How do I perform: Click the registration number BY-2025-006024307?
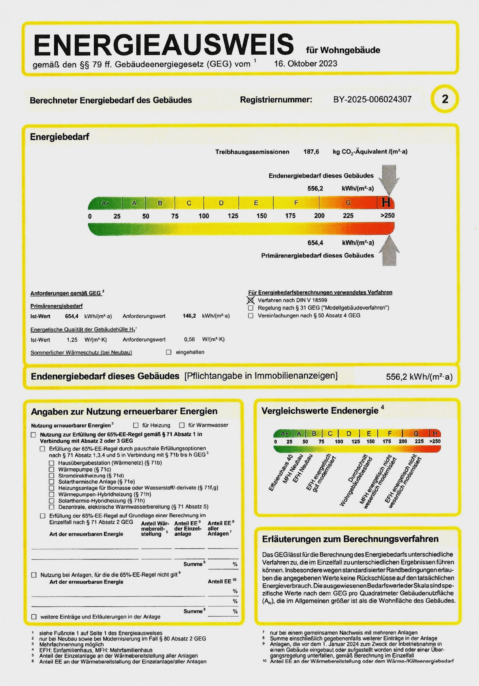372,99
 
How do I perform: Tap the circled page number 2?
445,99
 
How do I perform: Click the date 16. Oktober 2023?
306,64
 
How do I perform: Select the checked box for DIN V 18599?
251,300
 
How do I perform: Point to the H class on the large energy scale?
386,203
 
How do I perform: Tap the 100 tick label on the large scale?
204,216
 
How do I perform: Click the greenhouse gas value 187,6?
311,152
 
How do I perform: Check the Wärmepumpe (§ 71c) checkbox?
52,469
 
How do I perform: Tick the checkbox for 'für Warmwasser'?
182,425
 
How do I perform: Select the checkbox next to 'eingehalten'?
169,352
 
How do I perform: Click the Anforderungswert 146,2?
189,316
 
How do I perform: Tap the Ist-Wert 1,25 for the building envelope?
72,340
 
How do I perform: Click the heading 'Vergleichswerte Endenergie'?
320,411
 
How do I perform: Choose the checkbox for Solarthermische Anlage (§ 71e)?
52,482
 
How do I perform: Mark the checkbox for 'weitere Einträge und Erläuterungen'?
34,617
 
